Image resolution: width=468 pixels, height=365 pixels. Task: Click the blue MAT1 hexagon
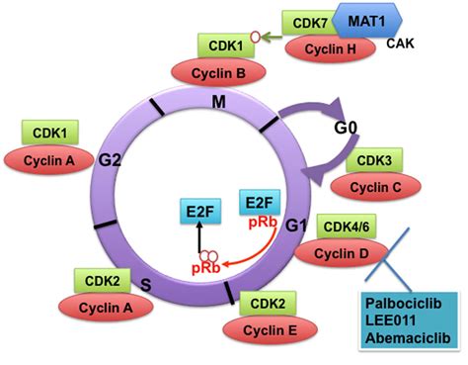(x=367, y=21)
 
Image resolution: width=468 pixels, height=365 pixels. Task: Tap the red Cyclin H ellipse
(x=330, y=49)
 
